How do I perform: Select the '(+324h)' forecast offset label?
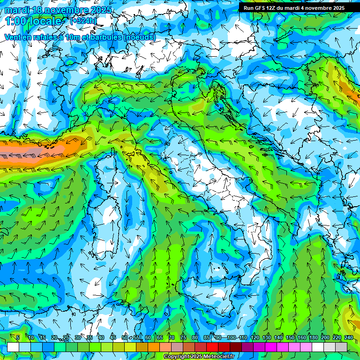(x=83, y=21)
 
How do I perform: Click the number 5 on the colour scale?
(x=18, y=337)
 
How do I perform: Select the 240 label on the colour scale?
(x=349, y=337)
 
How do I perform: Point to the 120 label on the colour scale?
(x=255, y=337)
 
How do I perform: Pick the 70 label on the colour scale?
(x=172, y=337)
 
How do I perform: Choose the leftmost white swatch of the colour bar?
(x=13, y=347)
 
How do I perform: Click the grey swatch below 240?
(x=341, y=347)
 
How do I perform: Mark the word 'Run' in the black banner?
(x=248, y=7)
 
